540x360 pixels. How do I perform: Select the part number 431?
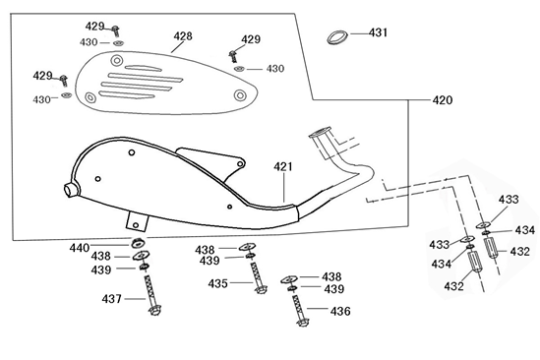click(x=379, y=32)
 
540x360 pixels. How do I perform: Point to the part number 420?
click(x=443, y=100)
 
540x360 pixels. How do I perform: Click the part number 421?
click(x=283, y=167)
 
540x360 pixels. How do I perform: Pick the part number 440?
click(x=106, y=247)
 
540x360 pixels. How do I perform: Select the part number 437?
click(x=112, y=299)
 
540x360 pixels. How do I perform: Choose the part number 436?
click(x=339, y=311)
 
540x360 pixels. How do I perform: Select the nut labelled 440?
click(x=139, y=243)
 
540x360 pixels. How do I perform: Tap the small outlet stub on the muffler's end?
click(x=70, y=189)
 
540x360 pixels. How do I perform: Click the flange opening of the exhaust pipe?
click(x=321, y=132)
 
